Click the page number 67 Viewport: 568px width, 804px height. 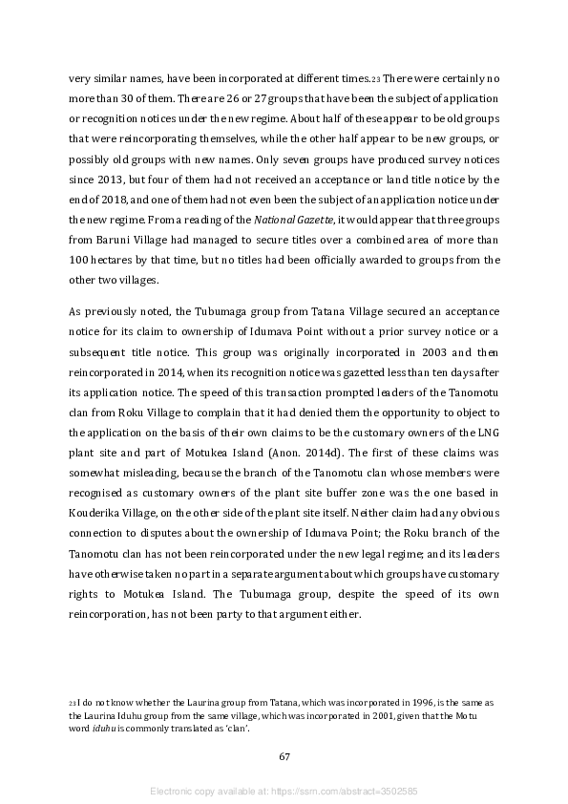pyautogui.click(x=284, y=756)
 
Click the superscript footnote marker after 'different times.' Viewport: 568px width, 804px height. pyautogui.click(x=349, y=79)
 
